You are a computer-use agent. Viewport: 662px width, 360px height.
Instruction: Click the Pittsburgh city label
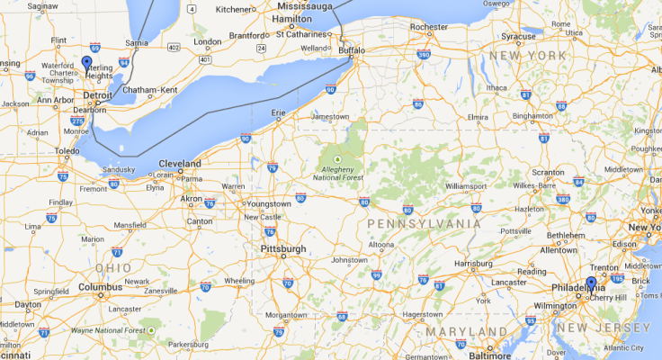[282, 248]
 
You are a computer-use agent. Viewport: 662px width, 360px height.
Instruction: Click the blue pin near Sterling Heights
[86, 63]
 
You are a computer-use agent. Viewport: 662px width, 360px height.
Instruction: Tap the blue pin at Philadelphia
[591, 283]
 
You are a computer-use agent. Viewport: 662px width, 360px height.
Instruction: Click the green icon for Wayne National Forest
[152, 331]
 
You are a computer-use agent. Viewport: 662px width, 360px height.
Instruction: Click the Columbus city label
[100, 287]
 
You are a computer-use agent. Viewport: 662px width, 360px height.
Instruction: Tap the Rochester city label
[428, 27]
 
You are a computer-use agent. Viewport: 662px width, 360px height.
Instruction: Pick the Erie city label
[278, 112]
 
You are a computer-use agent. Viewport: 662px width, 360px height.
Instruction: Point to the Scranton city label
[547, 172]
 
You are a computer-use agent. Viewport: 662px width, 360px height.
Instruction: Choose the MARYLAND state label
[460, 332]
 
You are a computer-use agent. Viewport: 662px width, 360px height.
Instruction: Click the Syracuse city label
[518, 37]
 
